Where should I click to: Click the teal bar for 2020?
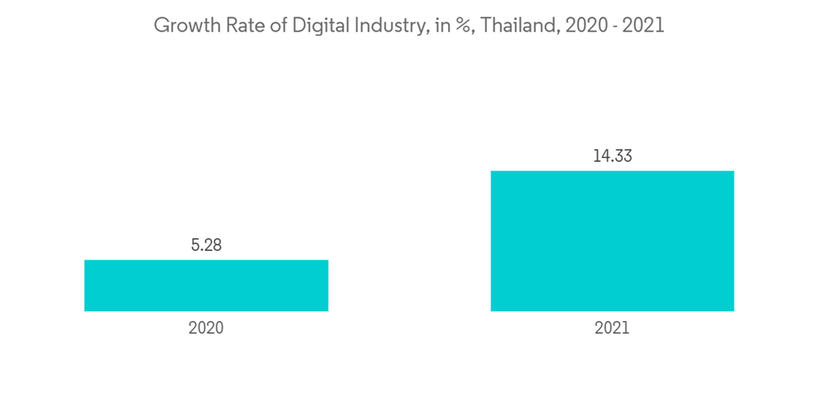coord(206,285)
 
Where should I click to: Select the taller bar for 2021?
coord(612,241)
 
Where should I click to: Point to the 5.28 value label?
coord(206,245)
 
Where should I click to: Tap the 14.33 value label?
coord(612,156)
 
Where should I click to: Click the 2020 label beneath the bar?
coord(206,328)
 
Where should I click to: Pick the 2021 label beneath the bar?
coord(612,328)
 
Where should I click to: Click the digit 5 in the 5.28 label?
coord(195,245)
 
